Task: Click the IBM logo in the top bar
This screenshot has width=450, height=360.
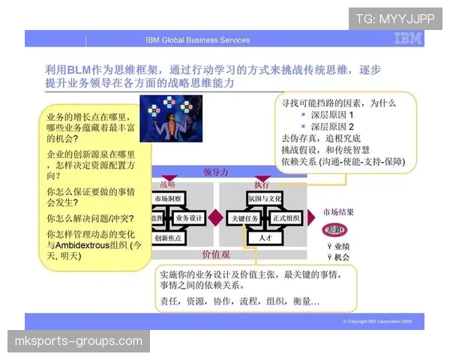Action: [x=407, y=40]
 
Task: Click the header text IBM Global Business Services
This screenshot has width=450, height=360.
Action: [x=197, y=40]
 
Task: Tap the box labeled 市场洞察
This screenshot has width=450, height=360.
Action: [x=170, y=198]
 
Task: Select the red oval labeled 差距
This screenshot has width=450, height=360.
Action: [x=334, y=229]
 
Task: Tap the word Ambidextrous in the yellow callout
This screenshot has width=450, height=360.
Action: [x=91, y=245]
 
